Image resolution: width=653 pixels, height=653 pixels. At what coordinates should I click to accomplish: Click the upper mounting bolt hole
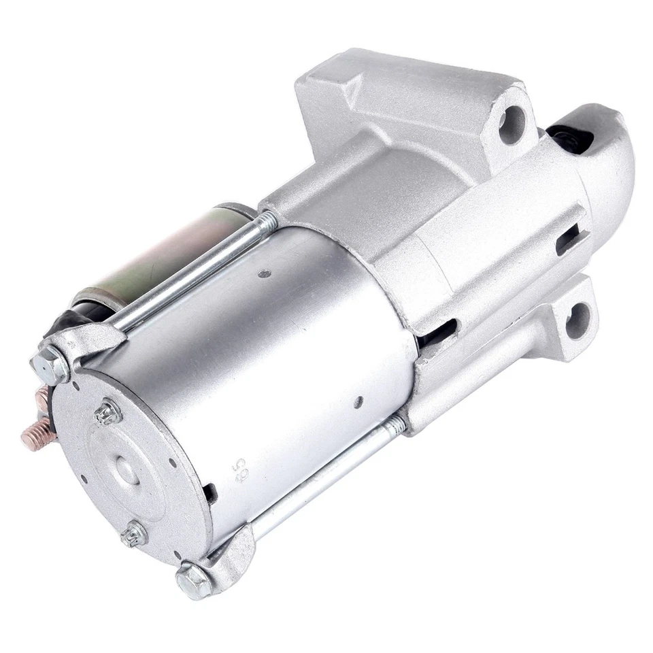point(512,124)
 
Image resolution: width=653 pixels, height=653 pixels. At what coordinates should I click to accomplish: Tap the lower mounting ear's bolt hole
point(577,320)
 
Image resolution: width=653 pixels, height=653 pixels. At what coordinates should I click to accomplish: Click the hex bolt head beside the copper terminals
point(50,368)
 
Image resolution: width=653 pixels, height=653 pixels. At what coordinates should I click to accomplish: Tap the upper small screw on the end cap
point(107,412)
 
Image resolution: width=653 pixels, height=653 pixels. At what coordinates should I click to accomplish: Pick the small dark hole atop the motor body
point(265,273)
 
